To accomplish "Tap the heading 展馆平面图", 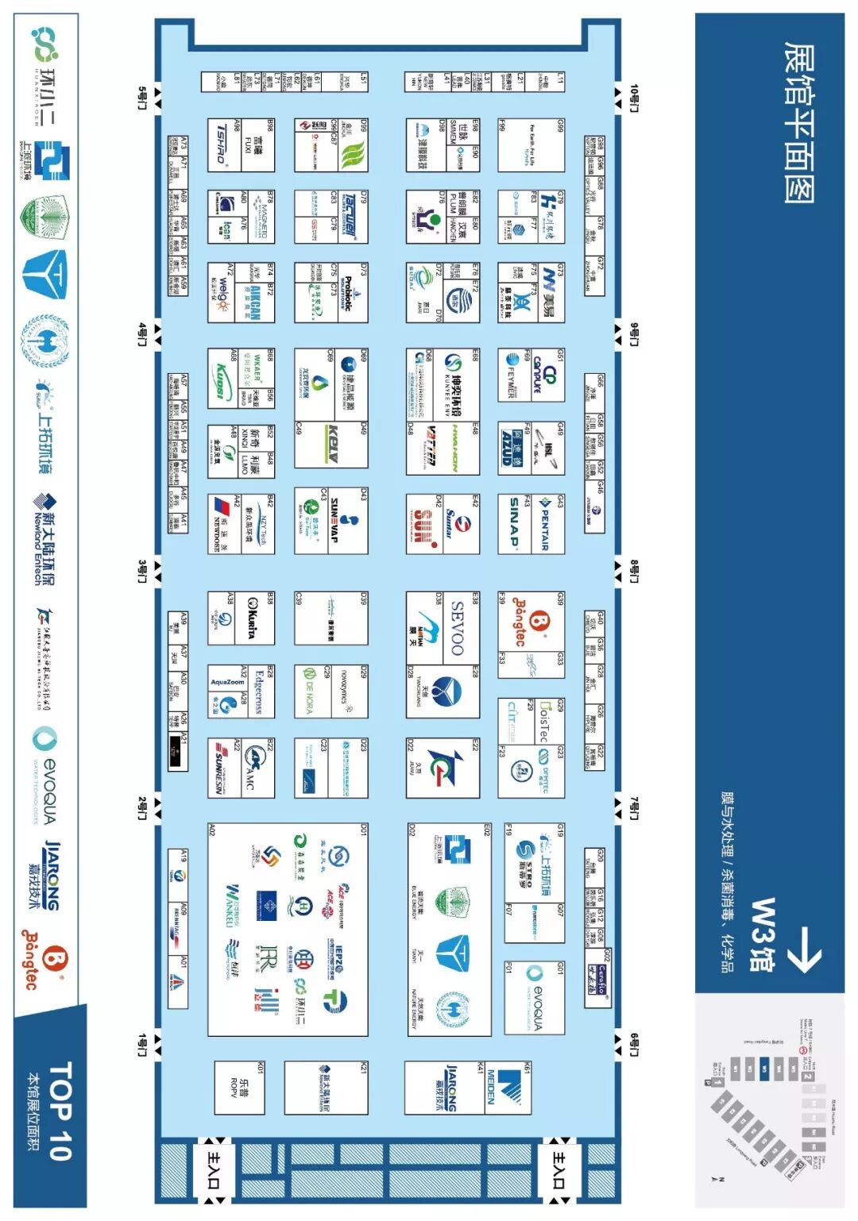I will point(799,122).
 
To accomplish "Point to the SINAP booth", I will point(516,524).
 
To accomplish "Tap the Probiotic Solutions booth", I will point(350,294).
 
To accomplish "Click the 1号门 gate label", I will point(142,1045).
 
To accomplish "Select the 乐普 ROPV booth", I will point(239,1088).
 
